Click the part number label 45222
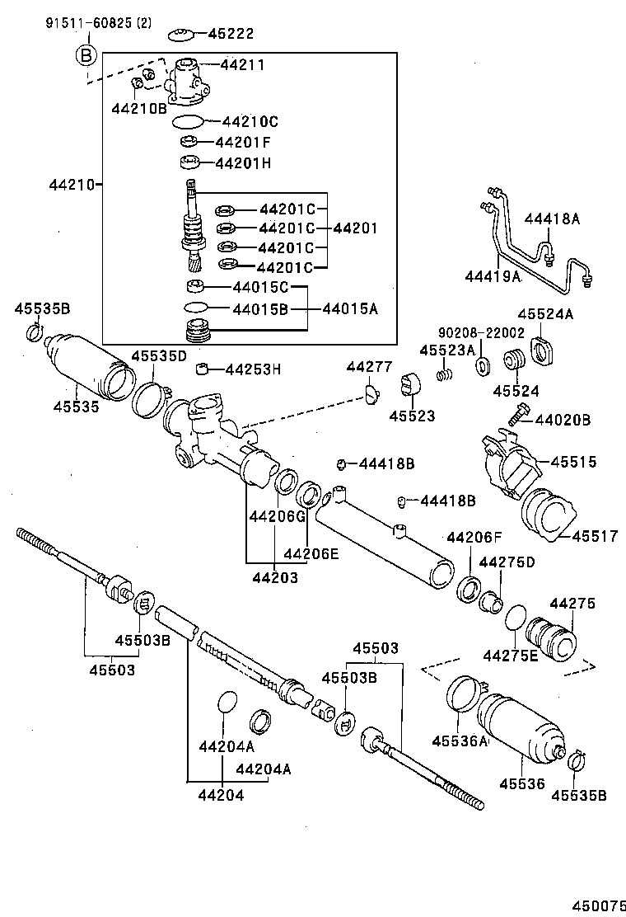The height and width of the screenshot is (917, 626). (231, 34)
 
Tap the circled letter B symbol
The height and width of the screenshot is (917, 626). (86, 56)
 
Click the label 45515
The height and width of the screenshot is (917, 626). (573, 462)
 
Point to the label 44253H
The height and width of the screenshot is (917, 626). (253, 369)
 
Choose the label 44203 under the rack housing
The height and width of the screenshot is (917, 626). (273, 577)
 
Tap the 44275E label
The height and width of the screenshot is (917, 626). (509, 656)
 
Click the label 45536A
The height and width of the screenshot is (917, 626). (460, 741)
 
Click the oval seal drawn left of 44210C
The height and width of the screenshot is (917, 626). (188, 122)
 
